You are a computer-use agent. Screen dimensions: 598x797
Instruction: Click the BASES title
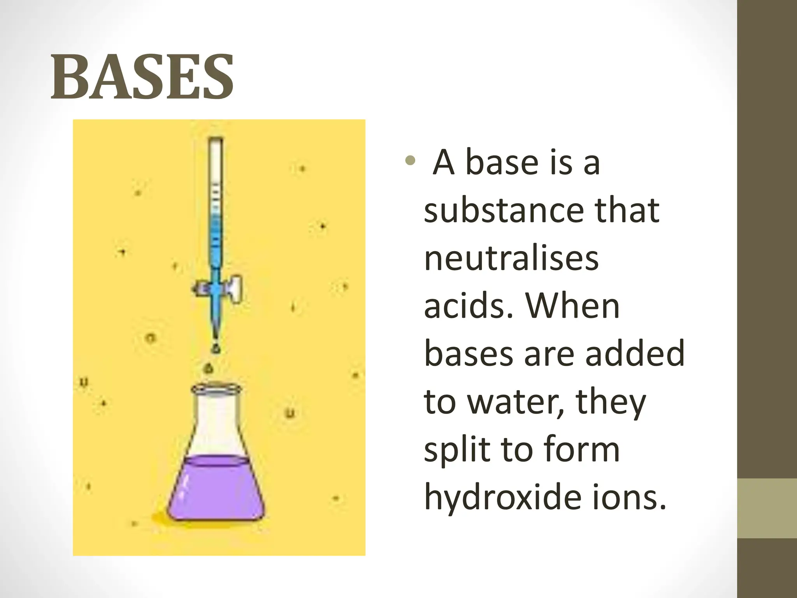click(142, 76)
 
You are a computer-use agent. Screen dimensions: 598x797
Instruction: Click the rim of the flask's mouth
click(216, 389)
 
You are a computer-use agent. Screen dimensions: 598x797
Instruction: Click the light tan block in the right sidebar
click(767, 508)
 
